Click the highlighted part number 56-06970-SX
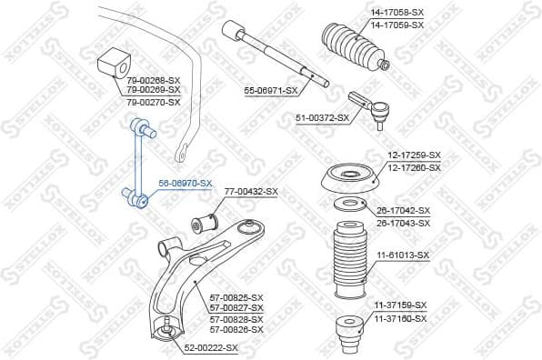pyautogui.click(x=186, y=183)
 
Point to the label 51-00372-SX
pyautogui.click(x=323, y=118)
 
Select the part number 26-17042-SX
pyautogui.click(x=404, y=210)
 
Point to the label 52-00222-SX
pyautogui.click(x=211, y=347)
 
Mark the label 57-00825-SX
pyautogui.click(x=236, y=298)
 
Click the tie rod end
pyautogui.click(x=371, y=108)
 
